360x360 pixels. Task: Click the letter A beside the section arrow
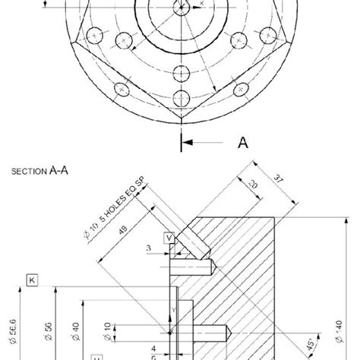coord(242,141)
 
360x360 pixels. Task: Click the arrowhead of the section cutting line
coord(188,141)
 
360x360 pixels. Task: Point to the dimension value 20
coord(252,185)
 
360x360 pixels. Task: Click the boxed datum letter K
coord(33,279)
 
